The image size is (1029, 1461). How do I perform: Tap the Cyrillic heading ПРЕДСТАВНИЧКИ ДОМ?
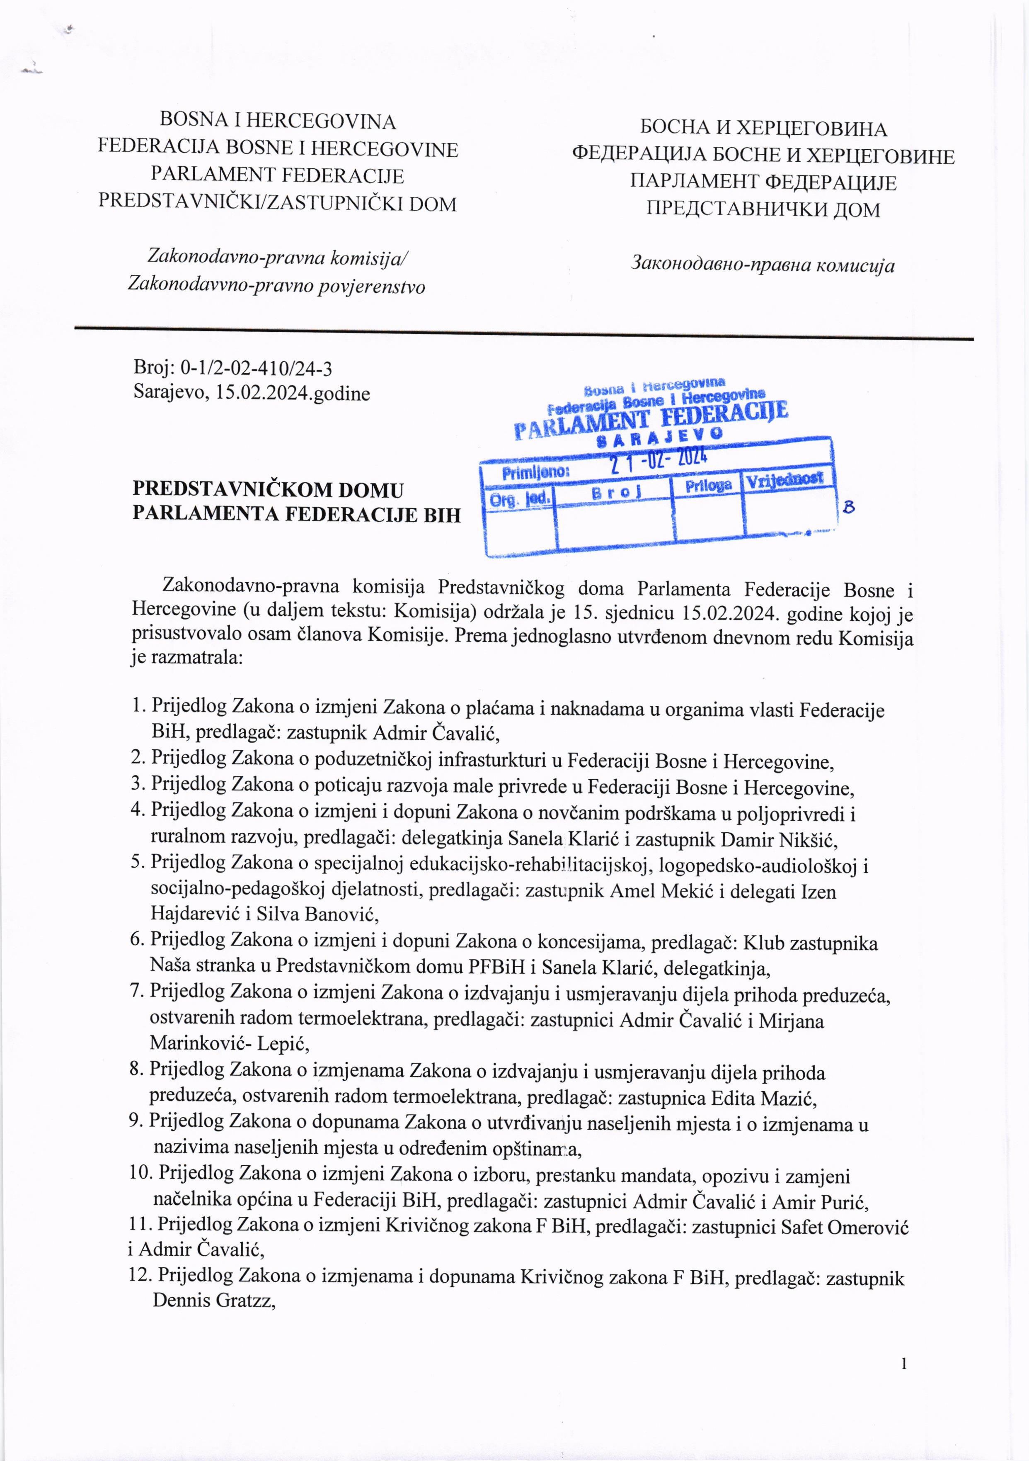pos(763,209)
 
